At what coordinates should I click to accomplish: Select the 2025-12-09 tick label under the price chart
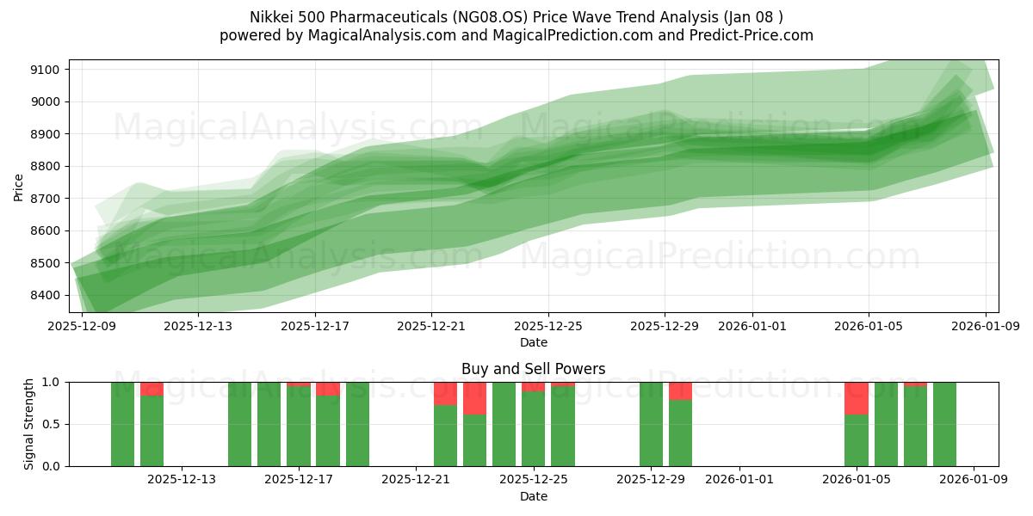[82, 326]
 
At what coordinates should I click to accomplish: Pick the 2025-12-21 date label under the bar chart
[416, 480]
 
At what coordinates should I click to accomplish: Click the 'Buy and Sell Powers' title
[533, 369]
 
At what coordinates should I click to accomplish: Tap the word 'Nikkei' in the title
[271, 17]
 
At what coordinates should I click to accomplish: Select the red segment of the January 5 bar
[857, 398]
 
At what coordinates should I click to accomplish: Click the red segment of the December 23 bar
[474, 398]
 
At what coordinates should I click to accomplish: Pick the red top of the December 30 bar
[680, 391]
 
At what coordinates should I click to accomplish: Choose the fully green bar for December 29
[651, 424]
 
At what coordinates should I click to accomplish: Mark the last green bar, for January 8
[944, 424]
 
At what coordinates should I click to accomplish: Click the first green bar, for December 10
[122, 424]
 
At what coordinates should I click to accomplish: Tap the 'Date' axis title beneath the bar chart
[533, 496]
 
